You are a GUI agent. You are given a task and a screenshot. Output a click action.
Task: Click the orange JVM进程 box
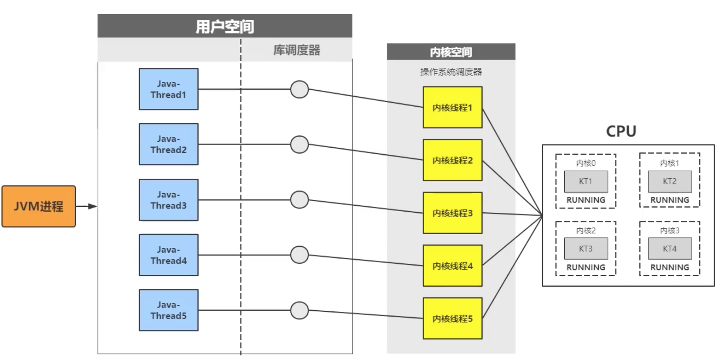click(38, 206)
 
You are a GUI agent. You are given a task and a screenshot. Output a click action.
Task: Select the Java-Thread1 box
click(168, 89)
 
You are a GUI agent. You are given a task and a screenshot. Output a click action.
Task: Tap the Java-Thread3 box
click(168, 200)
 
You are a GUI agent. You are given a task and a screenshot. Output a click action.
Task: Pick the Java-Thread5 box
click(168, 310)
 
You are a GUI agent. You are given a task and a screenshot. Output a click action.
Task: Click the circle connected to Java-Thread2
click(299, 144)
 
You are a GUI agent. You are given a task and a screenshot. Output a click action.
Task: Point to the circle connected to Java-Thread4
click(299, 255)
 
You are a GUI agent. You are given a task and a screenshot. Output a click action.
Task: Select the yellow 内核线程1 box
click(452, 107)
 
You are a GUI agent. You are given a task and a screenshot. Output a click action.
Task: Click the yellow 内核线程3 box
click(452, 213)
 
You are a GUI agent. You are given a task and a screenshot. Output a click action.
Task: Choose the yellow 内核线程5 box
click(452, 318)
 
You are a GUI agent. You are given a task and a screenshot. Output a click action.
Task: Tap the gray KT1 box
click(586, 181)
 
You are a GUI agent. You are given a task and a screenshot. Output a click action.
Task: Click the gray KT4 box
click(670, 249)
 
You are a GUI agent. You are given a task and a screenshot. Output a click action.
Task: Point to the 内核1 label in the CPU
click(669, 163)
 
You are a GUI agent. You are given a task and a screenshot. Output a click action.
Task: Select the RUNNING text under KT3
click(586, 267)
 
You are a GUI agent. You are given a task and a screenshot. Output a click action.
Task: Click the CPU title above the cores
click(621, 131)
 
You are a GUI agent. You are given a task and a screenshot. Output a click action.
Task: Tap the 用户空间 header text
click(225, 26)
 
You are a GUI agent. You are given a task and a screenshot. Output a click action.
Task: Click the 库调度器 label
click(297, 50)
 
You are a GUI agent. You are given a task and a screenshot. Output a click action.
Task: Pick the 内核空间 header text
click(451, 52)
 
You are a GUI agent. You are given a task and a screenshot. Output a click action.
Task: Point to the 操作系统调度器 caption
click(451, 72)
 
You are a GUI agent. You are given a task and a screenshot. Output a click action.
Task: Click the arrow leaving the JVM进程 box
click(86, 206)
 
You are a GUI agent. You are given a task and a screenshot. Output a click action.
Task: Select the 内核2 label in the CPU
click(586, 231)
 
